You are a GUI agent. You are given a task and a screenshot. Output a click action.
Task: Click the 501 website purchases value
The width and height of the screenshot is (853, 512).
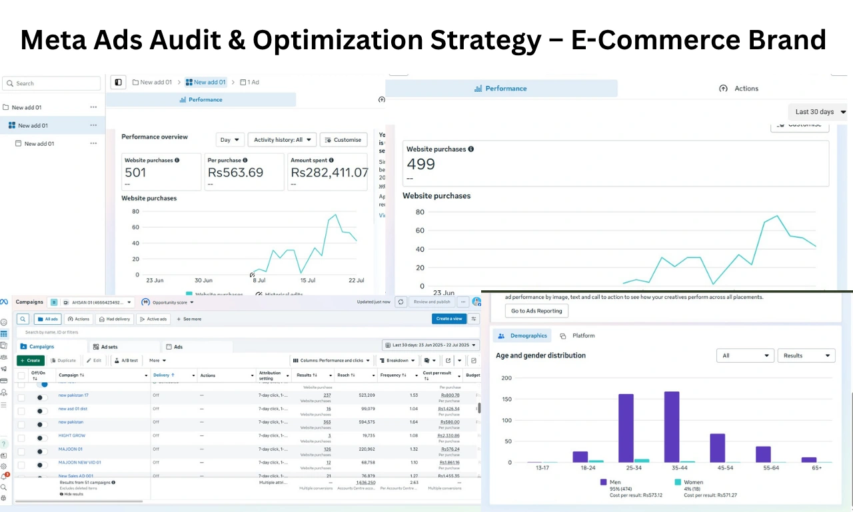click(x=135, y=172)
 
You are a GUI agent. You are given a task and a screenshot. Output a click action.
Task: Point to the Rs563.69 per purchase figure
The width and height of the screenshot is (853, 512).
click(x=235, y=172)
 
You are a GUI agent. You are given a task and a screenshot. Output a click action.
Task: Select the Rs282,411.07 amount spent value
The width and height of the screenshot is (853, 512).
click(x=329, y=172)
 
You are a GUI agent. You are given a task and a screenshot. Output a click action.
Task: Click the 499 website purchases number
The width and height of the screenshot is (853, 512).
click(x=421, y=164)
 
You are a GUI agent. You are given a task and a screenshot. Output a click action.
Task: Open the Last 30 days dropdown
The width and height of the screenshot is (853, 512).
click(x=820, y=112)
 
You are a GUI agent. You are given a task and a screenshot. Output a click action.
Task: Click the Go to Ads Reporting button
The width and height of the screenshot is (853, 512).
click(x=536, y=311)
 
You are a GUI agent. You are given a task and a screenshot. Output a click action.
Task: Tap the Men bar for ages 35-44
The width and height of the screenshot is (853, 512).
click(x=672, y=427)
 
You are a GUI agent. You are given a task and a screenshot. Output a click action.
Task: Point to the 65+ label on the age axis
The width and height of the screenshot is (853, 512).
click(x=817, y=468)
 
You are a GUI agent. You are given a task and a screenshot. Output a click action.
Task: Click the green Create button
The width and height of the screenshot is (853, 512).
click(x=31, y=360)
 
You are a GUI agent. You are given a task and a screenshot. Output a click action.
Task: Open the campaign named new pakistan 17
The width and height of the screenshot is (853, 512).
click(x=73, y=395)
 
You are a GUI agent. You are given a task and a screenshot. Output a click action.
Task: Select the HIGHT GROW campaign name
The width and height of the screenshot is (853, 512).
click(x=72, y=435)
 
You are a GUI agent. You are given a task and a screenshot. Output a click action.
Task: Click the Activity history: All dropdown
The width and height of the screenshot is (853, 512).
click(x=282, y=140)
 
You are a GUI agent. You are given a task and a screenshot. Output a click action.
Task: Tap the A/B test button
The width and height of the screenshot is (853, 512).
click(x=126, y=360)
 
